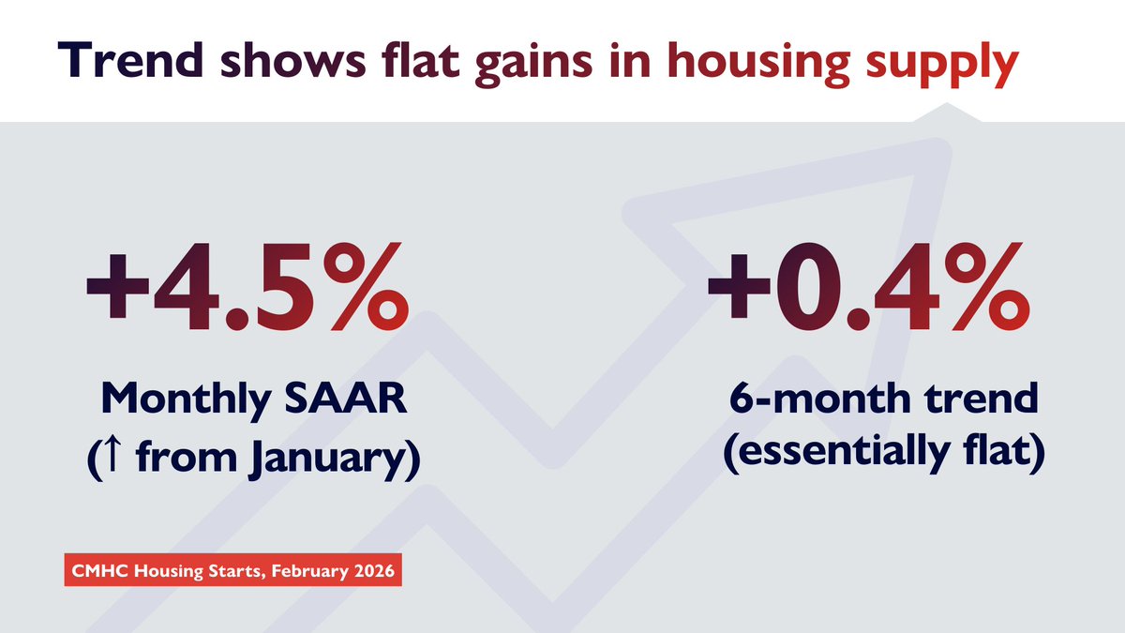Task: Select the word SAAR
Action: coord(357,400)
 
